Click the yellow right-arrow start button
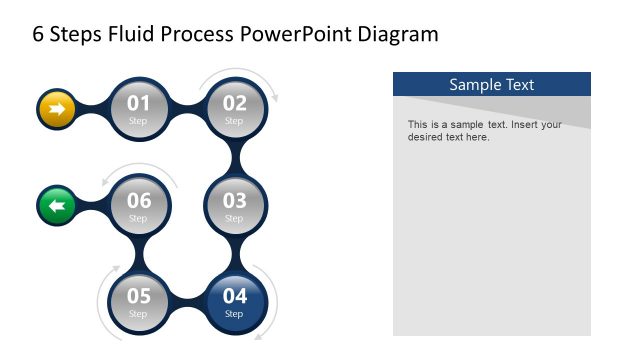click(56, 108)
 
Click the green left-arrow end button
click(56, 206)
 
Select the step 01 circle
click(138, 108)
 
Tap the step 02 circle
click(234, 108)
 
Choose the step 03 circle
click(234, 206)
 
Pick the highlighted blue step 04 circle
click(234, 302)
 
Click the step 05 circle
click(138, 302)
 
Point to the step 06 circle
click(138, 206)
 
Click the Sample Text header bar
click(491, 84)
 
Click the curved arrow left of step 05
click(103, 295)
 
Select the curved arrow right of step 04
click(270, 300)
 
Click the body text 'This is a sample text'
click(484, 131)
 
